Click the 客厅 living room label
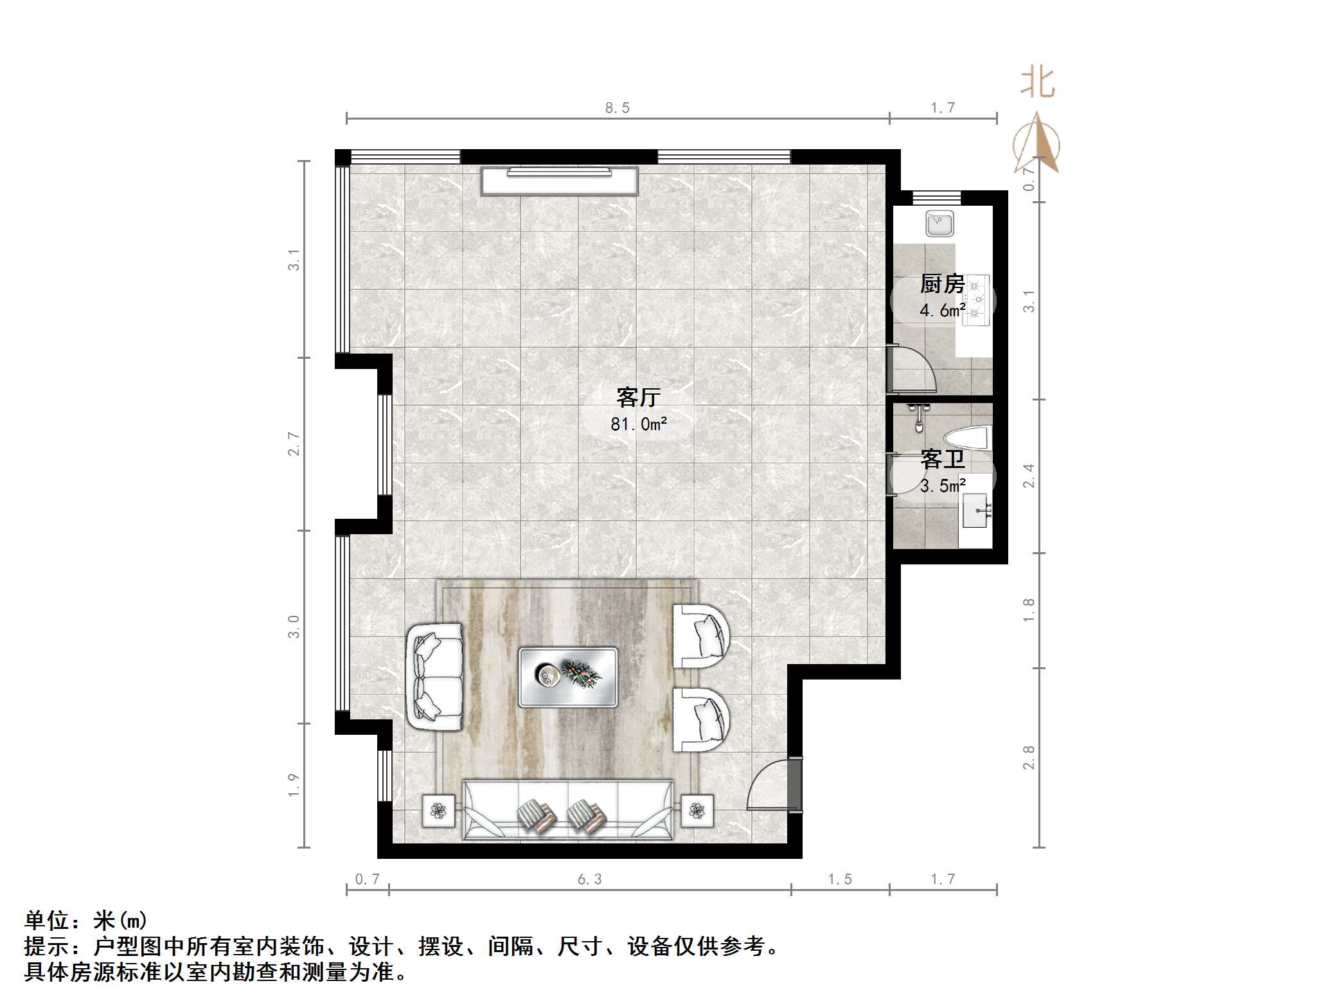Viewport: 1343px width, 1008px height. pyautogui.click(x=638, y=397)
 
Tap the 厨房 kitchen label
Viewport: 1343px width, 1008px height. pyautogui.click(x=942, y=283)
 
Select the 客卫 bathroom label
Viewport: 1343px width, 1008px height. pyautogui.click(x=942, y=459)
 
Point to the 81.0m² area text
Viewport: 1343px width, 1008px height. pyautogui.click(x=639, y=424)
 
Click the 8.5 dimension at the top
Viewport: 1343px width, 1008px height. pyautogui.click(x=617, y=108)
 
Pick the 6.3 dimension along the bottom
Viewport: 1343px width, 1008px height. pyautogui.click(x=589, y=879)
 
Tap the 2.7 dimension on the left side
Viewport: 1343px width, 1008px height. pyautogui.click(x=294, y=444)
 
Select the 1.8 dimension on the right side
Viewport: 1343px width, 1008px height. pyautogui.click(x=1029, y=609)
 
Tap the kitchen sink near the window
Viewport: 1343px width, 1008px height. pyautogui.click(x=939, y=224)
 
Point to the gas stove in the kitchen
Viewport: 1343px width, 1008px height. pyautogui.click(x=976, y=300)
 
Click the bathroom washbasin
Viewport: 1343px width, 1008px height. pyautogui.click(x=975, y=510)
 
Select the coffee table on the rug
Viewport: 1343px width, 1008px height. pyautogui.click(x=568, y=677)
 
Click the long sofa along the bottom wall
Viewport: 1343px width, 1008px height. pyautogui.click(x=568, y=810)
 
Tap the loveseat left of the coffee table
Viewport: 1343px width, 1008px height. pyautogui.click(x=434, y=676)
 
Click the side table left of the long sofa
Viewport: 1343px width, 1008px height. pyautogui.click(x=438, y=811)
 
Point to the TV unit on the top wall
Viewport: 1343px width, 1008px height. pyautogui.click(x=560, y=181)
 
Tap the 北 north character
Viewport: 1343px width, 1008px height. pyautogui.click(x=1037, y=83)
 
